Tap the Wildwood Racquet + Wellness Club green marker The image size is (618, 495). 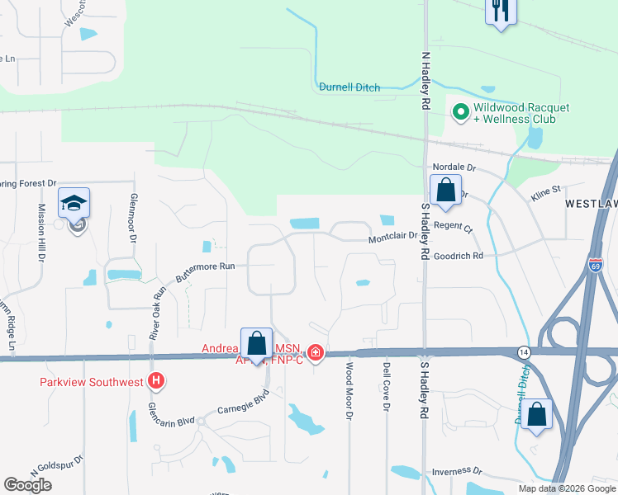[x=459, y=111]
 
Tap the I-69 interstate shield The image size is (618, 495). [x=597, y=265]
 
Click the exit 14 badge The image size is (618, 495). [x=522, y=351]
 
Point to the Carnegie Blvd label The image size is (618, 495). [x=244, y=405]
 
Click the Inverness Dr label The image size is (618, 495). [x=456, y=471]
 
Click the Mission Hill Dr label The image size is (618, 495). [x=40, y=233]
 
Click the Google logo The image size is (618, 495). [x=28, y=485]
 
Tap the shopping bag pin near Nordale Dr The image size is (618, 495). [x=445, y=191]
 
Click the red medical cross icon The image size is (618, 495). [x=315, y=353]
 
